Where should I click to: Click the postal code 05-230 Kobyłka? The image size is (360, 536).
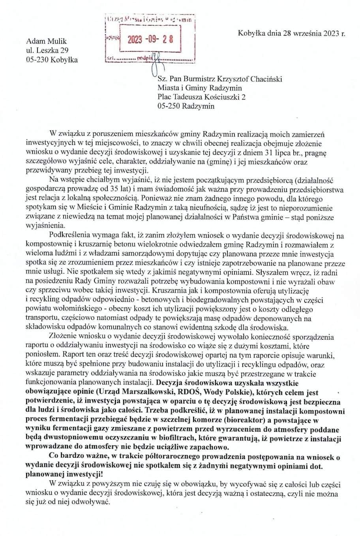pos(52,60)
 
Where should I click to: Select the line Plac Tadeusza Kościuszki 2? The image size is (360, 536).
pos(201,97)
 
